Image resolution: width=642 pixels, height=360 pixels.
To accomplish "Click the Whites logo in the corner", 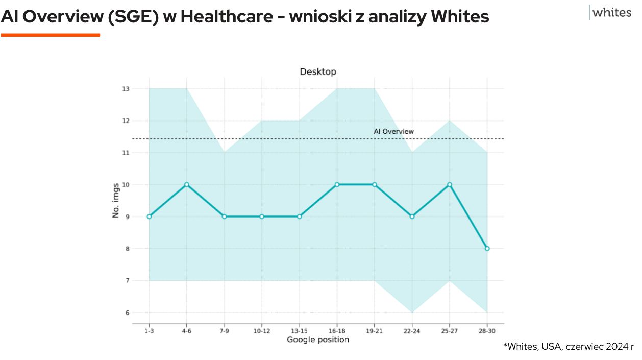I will pyautogui.click(x=611, y=13).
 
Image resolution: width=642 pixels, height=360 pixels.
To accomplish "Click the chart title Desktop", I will pyautogui.click(x=318, y=71).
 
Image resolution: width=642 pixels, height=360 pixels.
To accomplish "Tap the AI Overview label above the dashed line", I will pyautogui.click(x=393, y=131).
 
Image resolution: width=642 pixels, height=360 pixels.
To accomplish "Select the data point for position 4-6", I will pyautogui.click(x=187, y=184).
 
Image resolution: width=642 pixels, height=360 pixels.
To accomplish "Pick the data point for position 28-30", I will pyautogui.click(x=487, y=249).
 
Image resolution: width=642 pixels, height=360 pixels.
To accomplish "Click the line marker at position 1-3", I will pyautogui.click(x=149, y=217).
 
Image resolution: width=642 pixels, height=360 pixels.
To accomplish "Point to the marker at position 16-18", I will pyautogui.click(x=337, y=184).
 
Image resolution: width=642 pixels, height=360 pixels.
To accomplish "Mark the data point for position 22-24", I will pyautogui.click(x=412, y=217).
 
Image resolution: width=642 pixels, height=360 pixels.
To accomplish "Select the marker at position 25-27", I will pyautogui.click(x=450, y=184).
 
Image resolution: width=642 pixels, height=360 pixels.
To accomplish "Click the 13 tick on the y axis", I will pyautogui.click(x=125, y=89).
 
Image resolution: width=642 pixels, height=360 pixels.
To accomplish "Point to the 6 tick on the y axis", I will pyautogui.click(x=126, y=313).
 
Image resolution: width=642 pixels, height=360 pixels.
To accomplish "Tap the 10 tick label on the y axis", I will pyautogui.click(x=125, y=184).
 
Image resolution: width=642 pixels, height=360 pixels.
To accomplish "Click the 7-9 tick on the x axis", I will pyautogui.click(x=224, y=331).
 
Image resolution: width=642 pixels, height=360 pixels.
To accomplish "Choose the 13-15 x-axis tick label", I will pyautogui.click(x=299, y=331).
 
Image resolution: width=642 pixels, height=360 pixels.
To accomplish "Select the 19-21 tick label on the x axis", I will pyautogui.click(x=374, y=331).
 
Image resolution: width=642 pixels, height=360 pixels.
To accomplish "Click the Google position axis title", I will pyautogui.click(x=317, y=340).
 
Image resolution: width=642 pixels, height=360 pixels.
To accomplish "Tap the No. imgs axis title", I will pyautogui.click(x=116, y=201).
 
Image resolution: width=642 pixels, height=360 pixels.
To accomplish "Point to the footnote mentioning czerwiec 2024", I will pyautogui.click(x=568, y=347).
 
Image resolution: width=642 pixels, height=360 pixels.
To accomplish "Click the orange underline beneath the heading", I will pyautogui.click(x=50, y=35).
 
